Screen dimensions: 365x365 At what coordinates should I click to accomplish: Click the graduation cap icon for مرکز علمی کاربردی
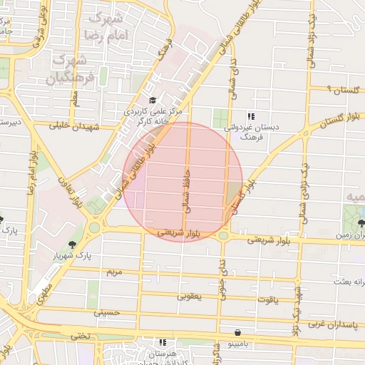pos(153,101)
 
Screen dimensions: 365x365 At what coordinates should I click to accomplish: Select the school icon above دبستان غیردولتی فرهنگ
pos(250,115)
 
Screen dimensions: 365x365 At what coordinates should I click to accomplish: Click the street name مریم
pos(114,272)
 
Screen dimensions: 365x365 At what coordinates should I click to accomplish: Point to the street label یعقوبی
pos(189,295)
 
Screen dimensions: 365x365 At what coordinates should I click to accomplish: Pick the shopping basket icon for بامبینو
pos(237,332)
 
